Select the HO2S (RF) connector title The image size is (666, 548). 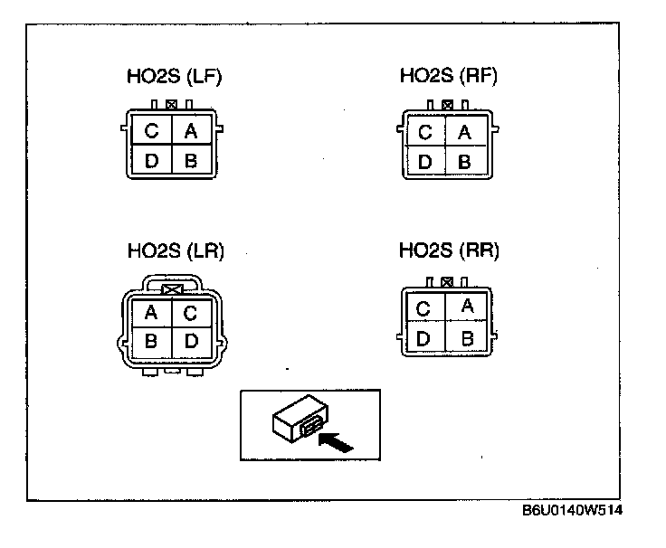[449, 77]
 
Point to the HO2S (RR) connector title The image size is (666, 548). [449, 250]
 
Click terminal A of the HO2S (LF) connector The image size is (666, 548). [191, 131]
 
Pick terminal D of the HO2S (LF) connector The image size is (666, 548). [151, 161]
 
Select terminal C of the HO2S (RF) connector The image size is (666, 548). [425, 133]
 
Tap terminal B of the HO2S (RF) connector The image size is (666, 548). [465, 162]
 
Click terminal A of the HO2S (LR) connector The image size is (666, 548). [151, 313]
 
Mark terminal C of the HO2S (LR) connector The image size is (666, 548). [191, 313]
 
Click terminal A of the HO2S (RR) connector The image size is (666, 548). [467, 306]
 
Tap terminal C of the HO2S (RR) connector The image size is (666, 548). [423, 309]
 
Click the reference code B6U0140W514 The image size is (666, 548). [572, 511]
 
